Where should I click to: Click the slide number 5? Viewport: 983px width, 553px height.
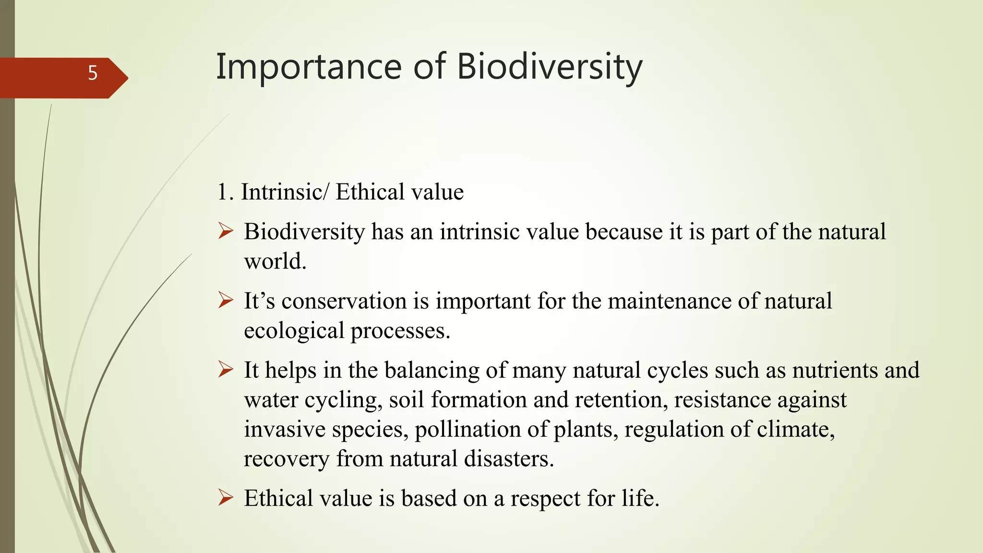[93, 73]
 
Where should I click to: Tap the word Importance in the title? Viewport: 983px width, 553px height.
[309, 67]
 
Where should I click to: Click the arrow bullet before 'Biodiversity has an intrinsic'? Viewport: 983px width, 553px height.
[225, 231]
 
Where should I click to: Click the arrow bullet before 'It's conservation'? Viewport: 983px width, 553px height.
[225, 301]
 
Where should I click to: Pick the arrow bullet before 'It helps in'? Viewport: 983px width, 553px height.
[225, 370]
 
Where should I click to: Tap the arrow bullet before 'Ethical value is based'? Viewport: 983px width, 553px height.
[225, 498]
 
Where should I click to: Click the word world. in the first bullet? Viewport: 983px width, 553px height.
[275, 262]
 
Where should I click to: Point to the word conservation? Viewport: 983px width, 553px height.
[344, 301]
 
